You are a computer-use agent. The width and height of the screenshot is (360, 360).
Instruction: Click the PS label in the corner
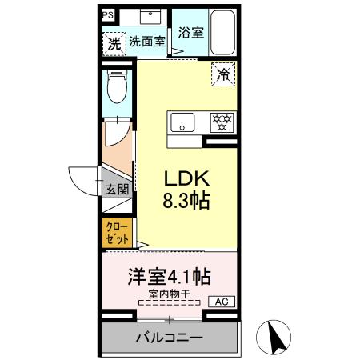(107, 14)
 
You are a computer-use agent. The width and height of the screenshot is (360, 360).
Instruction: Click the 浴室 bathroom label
(190, 33)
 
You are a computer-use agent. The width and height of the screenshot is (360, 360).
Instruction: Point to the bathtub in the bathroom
(222, 32)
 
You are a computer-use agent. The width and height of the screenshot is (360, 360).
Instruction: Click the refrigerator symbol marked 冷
(222, 76)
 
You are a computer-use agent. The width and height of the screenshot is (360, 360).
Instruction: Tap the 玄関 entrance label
(117, 190)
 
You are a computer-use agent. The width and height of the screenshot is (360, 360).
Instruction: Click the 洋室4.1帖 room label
(170, 278)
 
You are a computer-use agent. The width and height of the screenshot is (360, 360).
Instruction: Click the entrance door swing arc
(82, 178)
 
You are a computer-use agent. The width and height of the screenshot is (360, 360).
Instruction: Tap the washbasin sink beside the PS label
(149, 15)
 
